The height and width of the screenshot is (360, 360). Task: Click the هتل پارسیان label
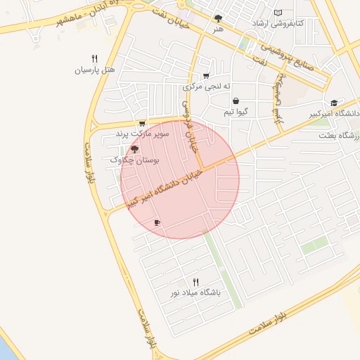(x=94, y=71)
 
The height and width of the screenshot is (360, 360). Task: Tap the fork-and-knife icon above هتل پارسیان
(x=94, y=59)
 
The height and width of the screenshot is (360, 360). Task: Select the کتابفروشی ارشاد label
(x=278, y=24)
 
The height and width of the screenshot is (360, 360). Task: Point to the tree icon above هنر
(x=219, y=19)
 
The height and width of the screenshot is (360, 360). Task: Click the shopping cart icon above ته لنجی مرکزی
(x=205, y=76)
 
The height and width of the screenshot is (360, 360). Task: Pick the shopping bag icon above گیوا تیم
(x=235, y=101)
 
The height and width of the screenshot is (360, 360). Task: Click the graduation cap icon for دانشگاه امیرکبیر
(x=333, y=103)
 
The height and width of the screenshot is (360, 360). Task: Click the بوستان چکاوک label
(x=135, y=160)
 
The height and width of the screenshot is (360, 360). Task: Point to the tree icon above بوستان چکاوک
(x=134, y=149)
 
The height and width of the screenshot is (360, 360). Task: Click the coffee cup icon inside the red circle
(x=157, y=223)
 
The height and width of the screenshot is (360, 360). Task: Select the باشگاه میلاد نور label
(x=195, y=291)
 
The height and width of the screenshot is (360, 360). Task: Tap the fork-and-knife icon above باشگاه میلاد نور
(x=195, y=280)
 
